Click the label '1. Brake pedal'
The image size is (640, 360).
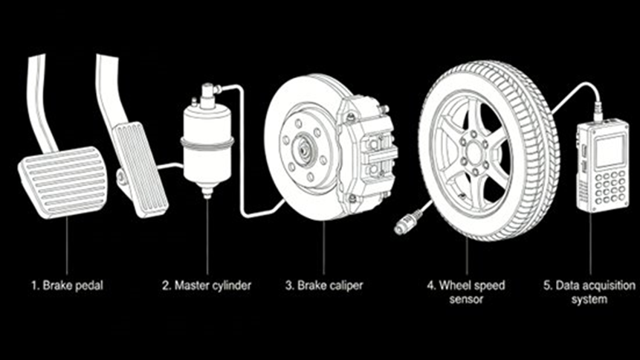coord(67,285)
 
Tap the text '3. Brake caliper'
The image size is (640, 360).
coord(323,285)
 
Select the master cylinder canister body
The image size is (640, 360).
coord(207,145)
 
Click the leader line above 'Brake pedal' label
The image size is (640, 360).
coord(67,245)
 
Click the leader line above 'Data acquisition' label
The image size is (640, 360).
coord(590,245)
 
